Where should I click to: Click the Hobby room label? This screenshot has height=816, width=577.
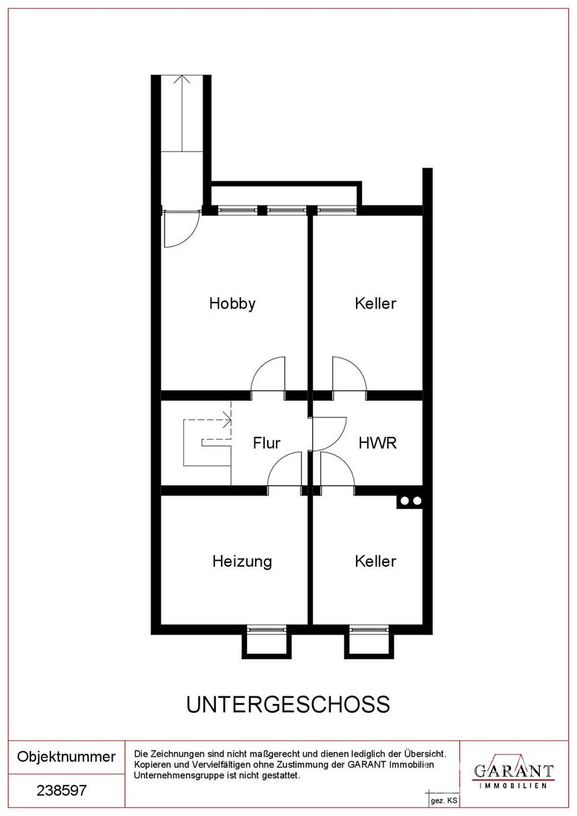232,303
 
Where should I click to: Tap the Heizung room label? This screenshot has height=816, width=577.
242,562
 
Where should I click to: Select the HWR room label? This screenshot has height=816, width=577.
377,443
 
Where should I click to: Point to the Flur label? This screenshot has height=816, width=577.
266,443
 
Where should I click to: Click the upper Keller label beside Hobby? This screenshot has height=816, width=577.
375,303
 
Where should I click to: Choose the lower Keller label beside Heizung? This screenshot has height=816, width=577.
375,561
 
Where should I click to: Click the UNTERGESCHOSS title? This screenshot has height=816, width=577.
288,705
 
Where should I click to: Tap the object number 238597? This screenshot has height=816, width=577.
62,791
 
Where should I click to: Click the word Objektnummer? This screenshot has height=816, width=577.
66,757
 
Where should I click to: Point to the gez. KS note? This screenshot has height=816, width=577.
444,801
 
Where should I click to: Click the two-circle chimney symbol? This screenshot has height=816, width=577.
410,501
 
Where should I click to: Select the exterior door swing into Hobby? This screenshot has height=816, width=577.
181,229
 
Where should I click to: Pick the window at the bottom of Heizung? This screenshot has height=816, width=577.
266,630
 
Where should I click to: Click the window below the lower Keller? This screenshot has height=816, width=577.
369,630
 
